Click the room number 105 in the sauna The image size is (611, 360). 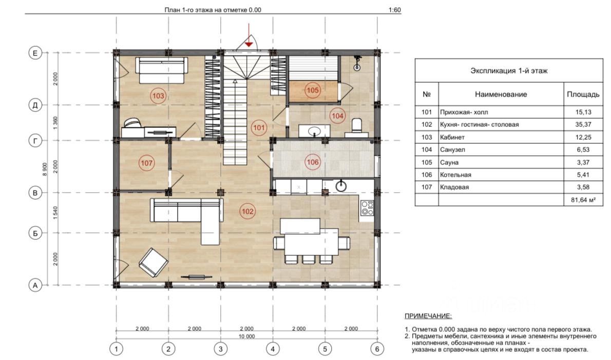click(x=313, y=90)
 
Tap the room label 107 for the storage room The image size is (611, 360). click(x=146, y=163)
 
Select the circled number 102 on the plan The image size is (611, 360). click(x=247, y=212)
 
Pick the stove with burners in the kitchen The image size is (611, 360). click(x=367, y=207)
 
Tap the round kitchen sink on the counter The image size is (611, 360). click(x=341, y=186)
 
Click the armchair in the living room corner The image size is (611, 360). click(x=154, y=262)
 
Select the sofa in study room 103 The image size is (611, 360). click(x=161, y=70)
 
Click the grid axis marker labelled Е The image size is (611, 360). click(x=35, y=53)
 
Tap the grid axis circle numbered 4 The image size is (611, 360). click(x=273, y=349)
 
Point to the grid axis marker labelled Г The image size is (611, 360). click(x=35, y=141)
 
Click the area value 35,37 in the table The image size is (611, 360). click(x=583, y=125)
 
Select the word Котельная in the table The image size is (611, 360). click(x=455, y=175)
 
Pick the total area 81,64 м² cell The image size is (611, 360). click(x=583, y=200)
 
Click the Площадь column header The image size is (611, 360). click(x=583, y=94)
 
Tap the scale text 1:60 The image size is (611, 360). click(x=395, y=10)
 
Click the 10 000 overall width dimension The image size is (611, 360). click(x=246, y=336)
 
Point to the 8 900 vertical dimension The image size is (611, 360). click(x=45, y=169)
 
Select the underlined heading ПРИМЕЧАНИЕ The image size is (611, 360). click(x=428, y=316)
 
